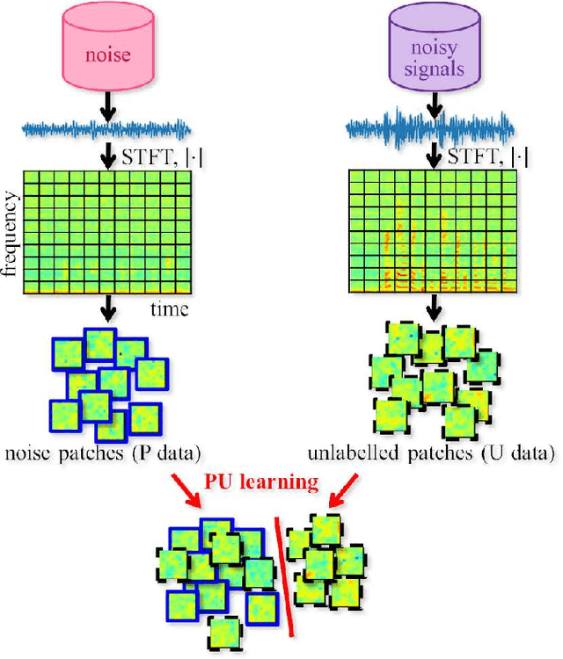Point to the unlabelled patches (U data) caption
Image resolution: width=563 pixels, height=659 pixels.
pyautogui.click(x=431, y=454)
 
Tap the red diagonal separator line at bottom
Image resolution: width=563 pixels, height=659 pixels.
pyautogui.click(x=285, y=575)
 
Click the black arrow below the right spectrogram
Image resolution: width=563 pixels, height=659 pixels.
pyautogui.click(x=433, y=308)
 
